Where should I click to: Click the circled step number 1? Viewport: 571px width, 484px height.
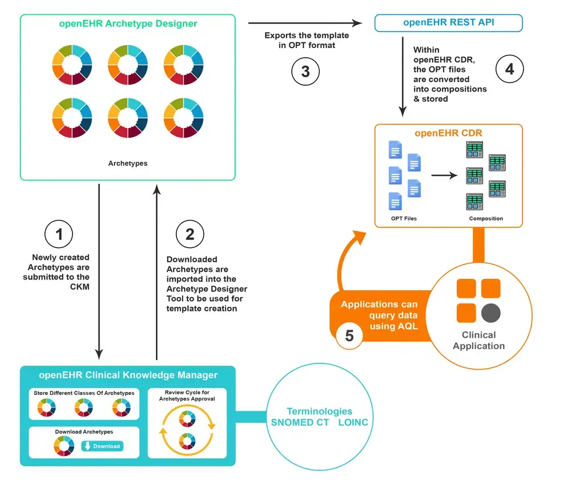tap(59, 234)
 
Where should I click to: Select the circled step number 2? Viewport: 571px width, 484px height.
tap(190, 234)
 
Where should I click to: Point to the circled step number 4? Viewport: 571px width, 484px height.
tap(509, 69)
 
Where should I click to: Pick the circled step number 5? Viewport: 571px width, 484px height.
tap(349, 336)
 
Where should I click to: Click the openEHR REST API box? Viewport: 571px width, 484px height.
tap(448, 23)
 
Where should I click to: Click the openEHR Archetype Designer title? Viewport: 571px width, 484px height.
tap(128, 24)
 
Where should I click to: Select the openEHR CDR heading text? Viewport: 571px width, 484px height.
tap(448, 133)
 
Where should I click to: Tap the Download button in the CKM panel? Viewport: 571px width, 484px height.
tap(102, 446)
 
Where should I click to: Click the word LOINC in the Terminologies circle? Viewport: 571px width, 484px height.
tap(353, 423)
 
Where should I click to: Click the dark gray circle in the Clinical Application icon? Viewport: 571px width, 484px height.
tap(490, 313)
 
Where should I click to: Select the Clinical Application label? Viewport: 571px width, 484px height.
tap(478, 340)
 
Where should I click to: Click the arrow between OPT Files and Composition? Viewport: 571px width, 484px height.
tap(444, 175)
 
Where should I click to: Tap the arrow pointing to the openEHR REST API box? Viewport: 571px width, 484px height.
tap(306, 23)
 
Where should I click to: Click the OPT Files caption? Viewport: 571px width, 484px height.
tap(404, 218)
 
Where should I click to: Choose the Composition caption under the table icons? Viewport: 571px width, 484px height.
tap(486, 218)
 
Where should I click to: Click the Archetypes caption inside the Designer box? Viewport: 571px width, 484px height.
tap(128, 163)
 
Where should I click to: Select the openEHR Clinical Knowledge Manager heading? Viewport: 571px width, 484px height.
tap(128, 375)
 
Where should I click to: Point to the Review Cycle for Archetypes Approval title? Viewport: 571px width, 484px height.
tap(187, 395)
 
